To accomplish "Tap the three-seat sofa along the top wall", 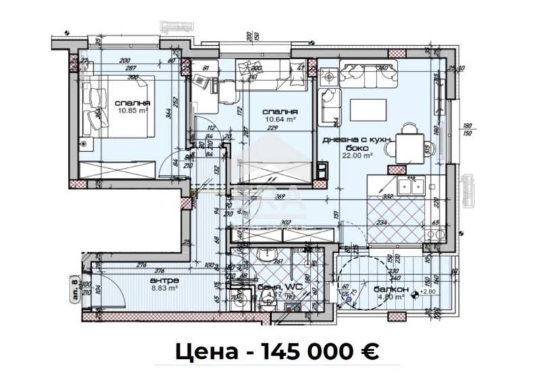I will tap(367, 76).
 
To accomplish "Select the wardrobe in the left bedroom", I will tap(122, 171).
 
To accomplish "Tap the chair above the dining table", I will tap(410, 129).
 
